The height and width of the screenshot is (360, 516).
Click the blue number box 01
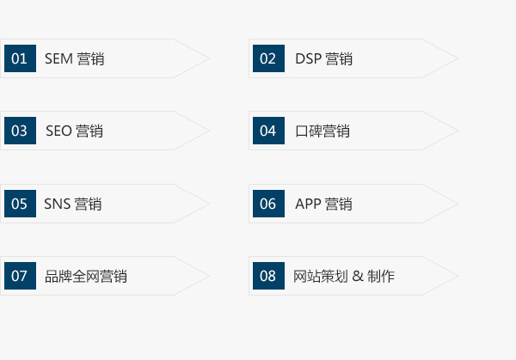click(20, 58)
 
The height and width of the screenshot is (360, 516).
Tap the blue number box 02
click(268, 58)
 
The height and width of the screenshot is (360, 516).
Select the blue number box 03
click(20, 131)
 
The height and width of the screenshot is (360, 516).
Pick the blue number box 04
click(268, 131)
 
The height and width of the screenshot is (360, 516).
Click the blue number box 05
click(20, 204)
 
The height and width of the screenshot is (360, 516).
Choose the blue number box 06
click(268, 204)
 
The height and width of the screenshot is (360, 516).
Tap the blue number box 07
click(20, 276)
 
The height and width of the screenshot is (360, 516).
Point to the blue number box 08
click(268, 276)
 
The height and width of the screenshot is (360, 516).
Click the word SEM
click(58, 58)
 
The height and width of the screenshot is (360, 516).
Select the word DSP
click(309, 58)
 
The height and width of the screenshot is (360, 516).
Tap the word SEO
click(58, 131)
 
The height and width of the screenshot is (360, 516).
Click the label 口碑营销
click(322, 131)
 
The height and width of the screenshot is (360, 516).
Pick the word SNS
click(58, 204)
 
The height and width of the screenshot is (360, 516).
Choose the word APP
click(308, 204)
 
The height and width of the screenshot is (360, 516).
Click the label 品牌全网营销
click(86, 276)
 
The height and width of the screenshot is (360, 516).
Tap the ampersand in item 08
click(358, 276)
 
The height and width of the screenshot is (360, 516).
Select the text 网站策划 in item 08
click(321, 276)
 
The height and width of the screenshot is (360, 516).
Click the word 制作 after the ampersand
click(381, 276)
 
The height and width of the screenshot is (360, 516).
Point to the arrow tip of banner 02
click(458, 58)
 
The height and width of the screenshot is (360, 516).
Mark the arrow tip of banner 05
click(209, 204)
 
